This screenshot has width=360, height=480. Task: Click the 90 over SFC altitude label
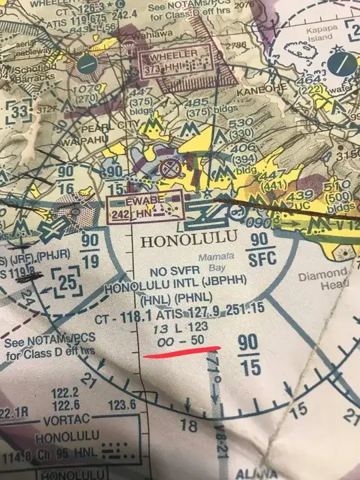coord(261,248)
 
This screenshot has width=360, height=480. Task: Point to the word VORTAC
coord(54,422)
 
